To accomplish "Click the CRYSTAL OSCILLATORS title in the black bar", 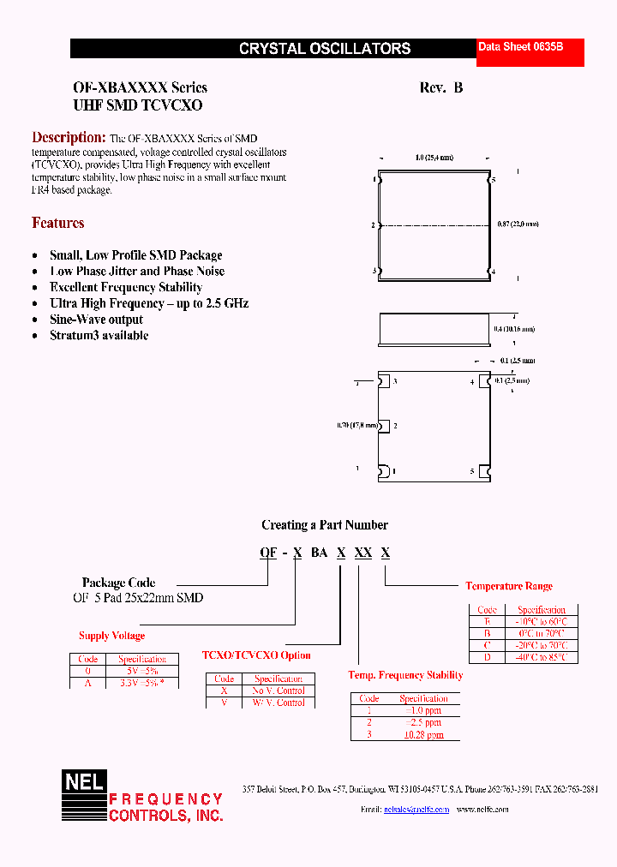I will (324, 50).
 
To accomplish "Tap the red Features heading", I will (57, 223).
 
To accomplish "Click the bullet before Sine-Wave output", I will (35, 320).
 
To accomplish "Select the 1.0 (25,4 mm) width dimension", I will (434, 158).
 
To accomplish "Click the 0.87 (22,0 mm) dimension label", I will (518, 224).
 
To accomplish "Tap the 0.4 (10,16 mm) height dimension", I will (514, 329).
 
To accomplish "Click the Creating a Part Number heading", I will (324, 525).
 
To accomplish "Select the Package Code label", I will (118, 583).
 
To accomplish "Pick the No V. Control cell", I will (279, 691).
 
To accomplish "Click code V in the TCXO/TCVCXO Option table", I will (224, 703).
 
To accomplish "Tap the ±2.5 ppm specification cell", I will (423, 722).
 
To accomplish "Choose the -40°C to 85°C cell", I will (539, 657).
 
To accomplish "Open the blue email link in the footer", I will (416, 809).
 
